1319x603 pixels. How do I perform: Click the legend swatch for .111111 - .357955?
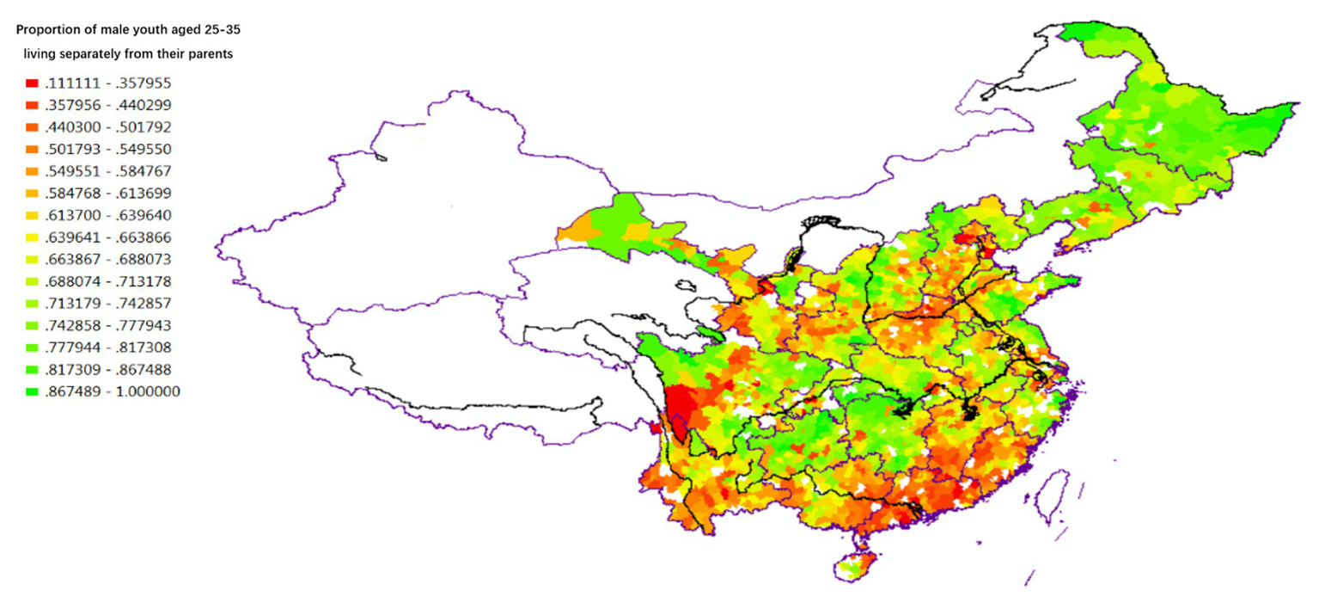32,83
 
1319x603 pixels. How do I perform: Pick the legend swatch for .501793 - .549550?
32,150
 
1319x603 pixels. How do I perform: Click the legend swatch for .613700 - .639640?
32,216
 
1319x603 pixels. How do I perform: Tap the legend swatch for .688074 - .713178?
32,282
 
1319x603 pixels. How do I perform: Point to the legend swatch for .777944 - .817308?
32,348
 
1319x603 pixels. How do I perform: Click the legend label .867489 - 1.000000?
106,392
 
